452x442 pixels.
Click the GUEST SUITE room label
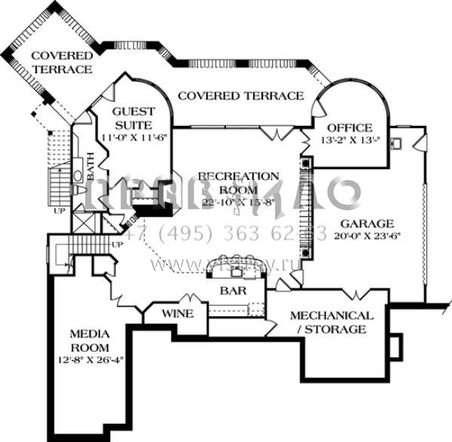point(133,119)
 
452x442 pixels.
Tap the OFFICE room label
point(350,126)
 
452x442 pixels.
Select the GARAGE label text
point(367,224)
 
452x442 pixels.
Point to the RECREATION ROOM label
point(238,183)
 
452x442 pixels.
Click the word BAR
point(230,289)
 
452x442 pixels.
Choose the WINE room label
point(178,313)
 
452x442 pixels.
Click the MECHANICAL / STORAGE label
point(331,322)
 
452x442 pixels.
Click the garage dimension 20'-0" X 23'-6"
point(367,236)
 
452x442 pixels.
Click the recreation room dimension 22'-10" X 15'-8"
point(238,202)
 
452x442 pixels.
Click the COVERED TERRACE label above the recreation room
point(241,96)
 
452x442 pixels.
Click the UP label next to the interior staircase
point(117,245)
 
